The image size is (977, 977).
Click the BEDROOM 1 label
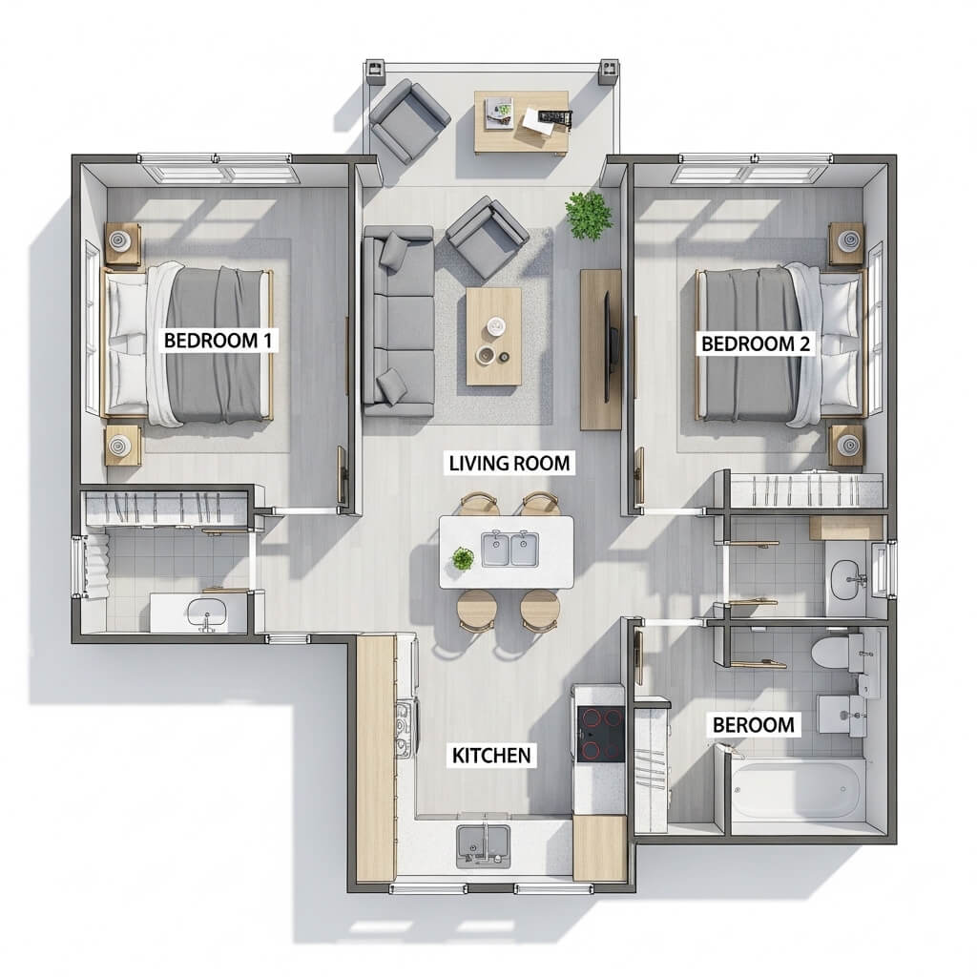(218, 341)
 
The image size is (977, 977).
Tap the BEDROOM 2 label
(756, 343)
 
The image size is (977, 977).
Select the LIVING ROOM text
(509, 463)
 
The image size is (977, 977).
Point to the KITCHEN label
(491, 756)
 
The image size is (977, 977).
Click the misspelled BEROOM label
(754, 725)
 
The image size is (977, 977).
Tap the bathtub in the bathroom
(798, 789)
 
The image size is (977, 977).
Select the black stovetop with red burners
(601, 734)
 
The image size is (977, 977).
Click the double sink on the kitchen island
(509, 549)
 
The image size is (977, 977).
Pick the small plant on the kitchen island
(463, 558)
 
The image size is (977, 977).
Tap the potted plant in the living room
(588, 215)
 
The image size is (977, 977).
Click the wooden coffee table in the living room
(493, 336)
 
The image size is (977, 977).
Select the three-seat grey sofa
(399, 321)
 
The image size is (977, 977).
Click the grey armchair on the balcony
(409, 120)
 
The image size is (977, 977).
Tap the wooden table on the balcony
(521, 122)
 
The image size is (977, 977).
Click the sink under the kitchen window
(483, 846)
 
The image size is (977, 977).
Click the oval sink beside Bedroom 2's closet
(845, 579)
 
